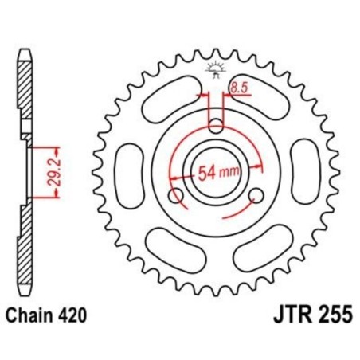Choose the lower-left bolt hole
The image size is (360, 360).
click(x=177, y=195)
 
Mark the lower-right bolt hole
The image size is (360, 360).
click(x=256, y=195)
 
